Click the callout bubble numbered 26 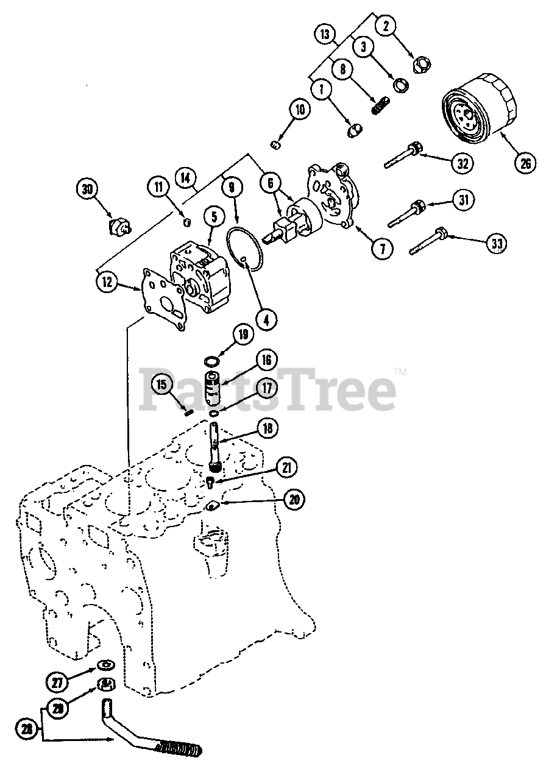click(x=525, y=163)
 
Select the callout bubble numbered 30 click(x=87, y=190)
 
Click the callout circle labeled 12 click(x=107, y=281)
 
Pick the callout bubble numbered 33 click(x=497, y=243)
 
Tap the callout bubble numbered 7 click(x=383, y=249)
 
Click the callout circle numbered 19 click(x=243, y=334)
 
